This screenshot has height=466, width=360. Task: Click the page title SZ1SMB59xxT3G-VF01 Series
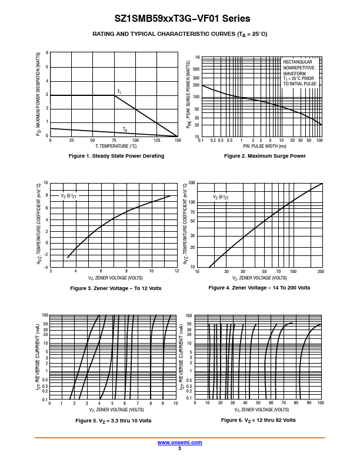[x=179, y=19]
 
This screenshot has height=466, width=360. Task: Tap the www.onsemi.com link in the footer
[x=179, y=442]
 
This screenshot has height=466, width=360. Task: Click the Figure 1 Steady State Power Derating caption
[x=116, y=156]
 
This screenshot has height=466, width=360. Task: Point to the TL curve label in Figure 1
[x=119, y=92]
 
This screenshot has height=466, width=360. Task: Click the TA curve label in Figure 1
[x=125, y=129]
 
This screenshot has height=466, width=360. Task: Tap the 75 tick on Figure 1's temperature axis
[x=114, y=141]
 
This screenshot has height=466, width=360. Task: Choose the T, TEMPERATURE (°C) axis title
[x=114, y=146]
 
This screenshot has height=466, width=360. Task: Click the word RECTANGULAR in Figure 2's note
[x=298, y=62]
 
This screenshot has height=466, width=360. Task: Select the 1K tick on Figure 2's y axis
[x=197, y=58]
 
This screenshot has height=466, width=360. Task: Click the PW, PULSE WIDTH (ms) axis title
[x=261, y=146]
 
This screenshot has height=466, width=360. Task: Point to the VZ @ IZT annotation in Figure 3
[x=69, y=195]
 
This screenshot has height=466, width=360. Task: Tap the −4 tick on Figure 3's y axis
[x=46, y=267]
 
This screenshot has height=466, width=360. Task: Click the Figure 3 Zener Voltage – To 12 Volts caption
[x=115, y=288]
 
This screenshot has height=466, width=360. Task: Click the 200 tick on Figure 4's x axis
[x=321, y=272]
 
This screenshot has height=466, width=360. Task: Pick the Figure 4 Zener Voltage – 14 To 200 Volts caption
[x=259, y=288]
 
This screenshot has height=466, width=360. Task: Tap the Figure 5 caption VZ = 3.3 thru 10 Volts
[x=114, y=421]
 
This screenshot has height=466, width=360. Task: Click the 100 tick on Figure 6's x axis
[x=320, y=404]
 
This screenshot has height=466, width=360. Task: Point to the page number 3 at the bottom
[x=179, y=448]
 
